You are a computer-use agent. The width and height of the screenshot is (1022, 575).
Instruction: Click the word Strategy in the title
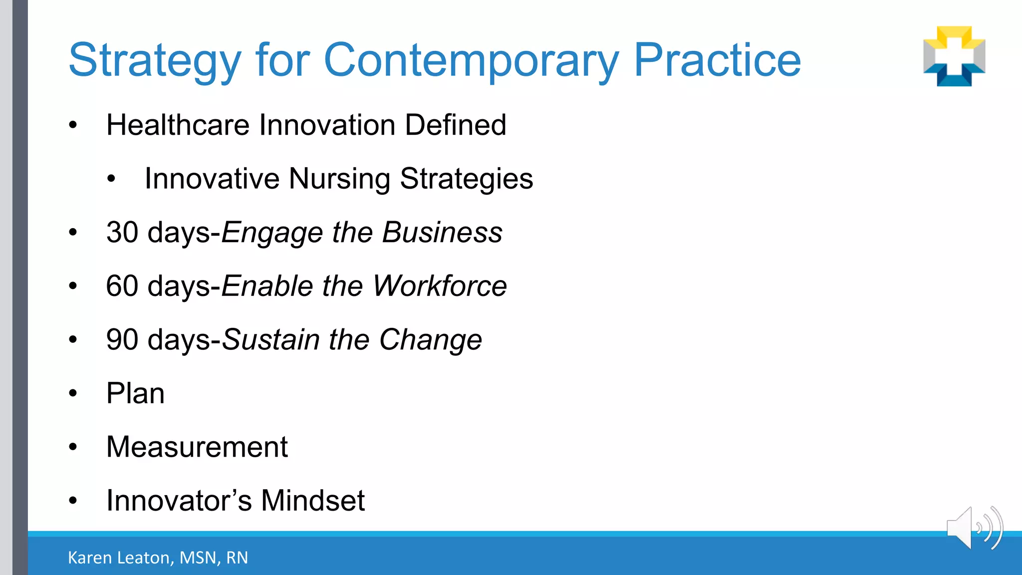click(155, 61)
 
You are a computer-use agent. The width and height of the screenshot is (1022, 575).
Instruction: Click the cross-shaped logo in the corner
click(954, 56)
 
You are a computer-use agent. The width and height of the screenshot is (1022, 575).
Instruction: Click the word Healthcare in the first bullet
click(178, 125)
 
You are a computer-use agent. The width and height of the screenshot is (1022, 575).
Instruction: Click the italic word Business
click(442, 233)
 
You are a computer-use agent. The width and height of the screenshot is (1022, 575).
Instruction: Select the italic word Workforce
click(440, 286)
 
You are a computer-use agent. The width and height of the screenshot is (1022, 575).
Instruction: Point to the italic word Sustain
click(270, 340)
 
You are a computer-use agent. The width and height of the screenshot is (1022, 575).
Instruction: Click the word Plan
click(135, 393)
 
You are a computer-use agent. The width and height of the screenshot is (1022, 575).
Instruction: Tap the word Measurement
click(197, 447)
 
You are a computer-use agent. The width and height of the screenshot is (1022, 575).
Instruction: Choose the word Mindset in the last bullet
click(312, 501)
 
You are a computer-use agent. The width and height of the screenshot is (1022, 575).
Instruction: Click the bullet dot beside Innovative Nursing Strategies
click(111, 179)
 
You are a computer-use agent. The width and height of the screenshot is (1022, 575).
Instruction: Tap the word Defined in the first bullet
click(455, 125)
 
